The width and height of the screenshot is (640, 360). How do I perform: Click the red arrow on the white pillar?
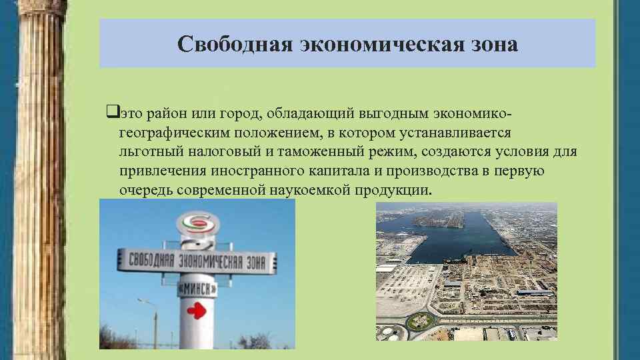coord(196,310)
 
